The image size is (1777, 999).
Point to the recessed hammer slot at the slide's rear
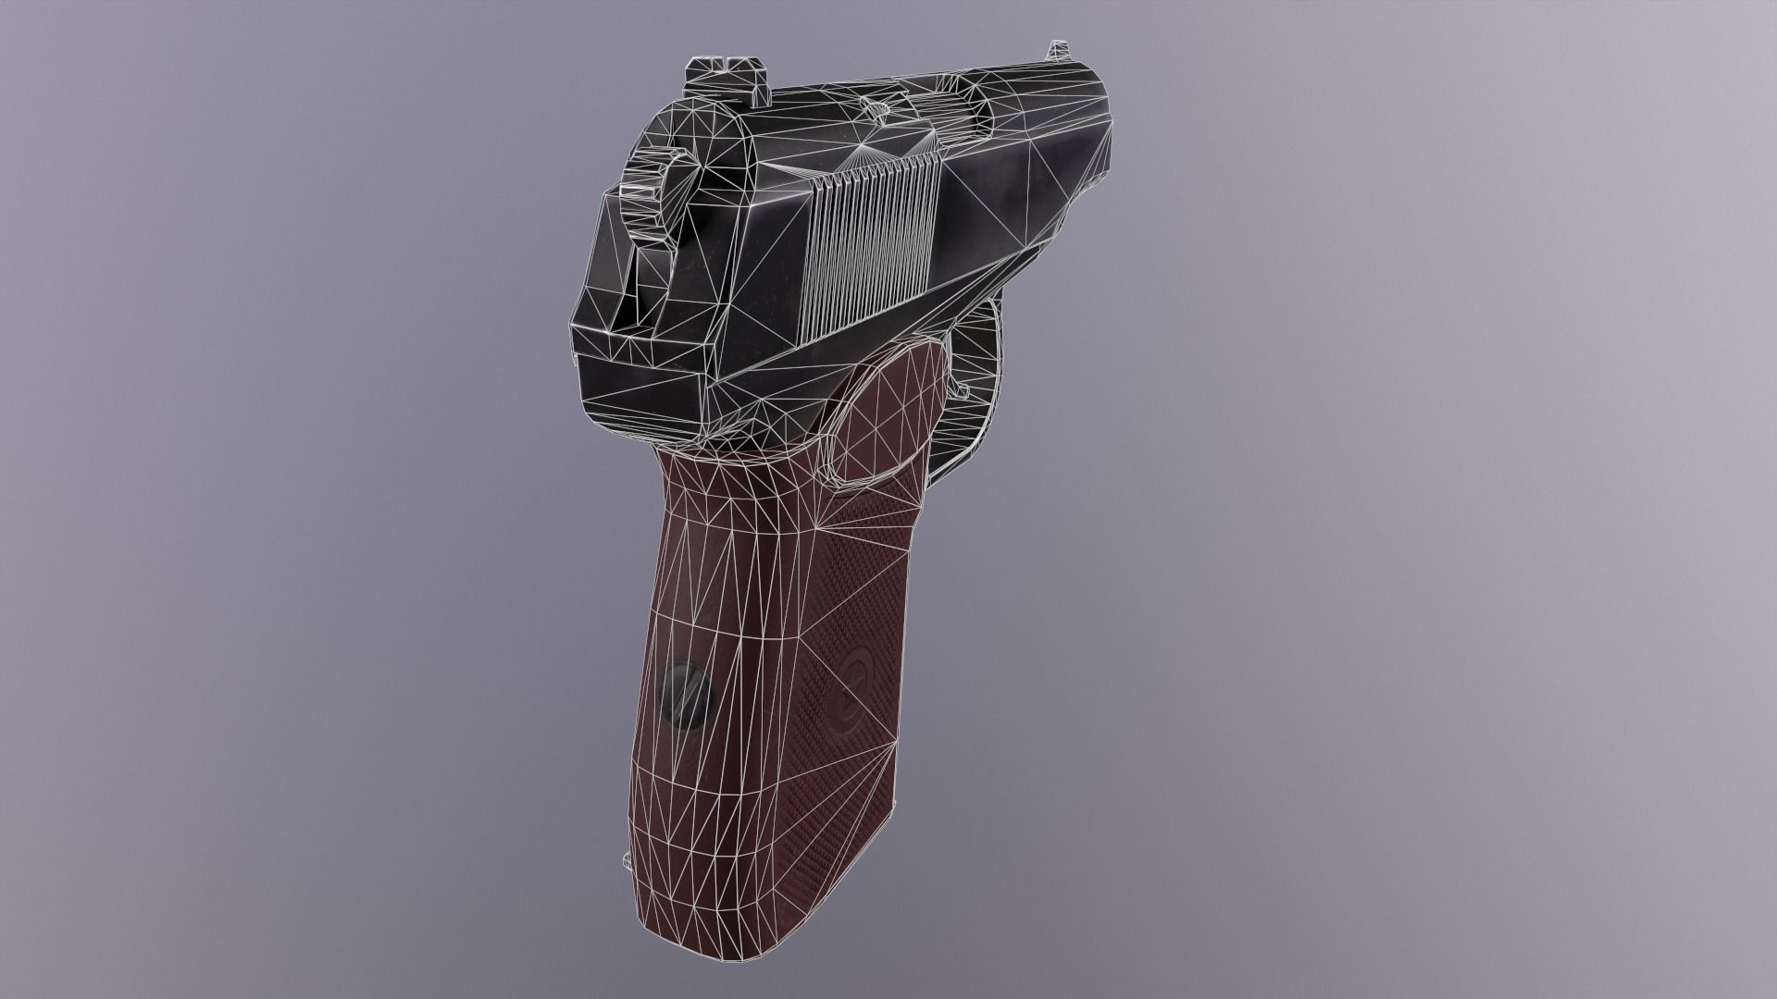click(648, 277)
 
